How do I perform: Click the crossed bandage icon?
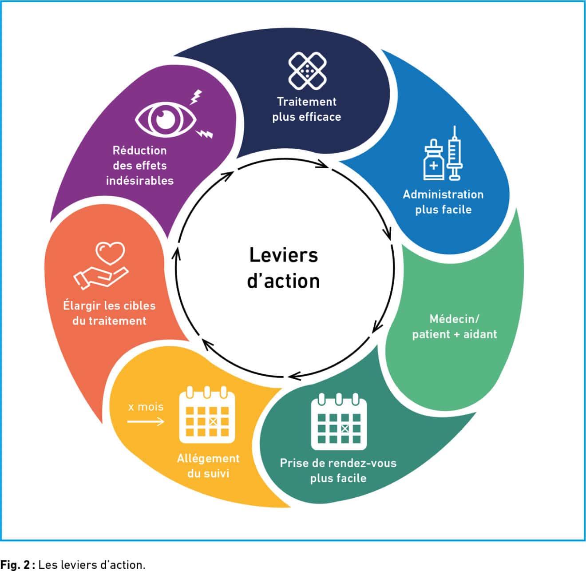coord(307,71)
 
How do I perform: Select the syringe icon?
coord(455,153)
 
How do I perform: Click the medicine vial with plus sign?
coord(433,161)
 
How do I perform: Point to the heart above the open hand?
coord(111,253)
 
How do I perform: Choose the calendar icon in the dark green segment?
coord(339,422)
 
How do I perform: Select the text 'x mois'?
coord(146,407)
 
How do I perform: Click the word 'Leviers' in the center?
coord(284,255)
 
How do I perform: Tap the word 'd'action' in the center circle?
coord(284,281)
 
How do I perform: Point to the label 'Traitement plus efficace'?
coord(307,109)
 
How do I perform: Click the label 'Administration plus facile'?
coord(443,202)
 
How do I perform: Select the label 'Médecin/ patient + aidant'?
coord(454,326)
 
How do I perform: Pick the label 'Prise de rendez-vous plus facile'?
coord(338,471)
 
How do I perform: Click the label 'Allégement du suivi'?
coord(208,466)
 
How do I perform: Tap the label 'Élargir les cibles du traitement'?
coord(109,313)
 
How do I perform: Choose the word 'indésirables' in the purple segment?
coord(140,181)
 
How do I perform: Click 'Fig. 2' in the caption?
coord(15,565)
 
